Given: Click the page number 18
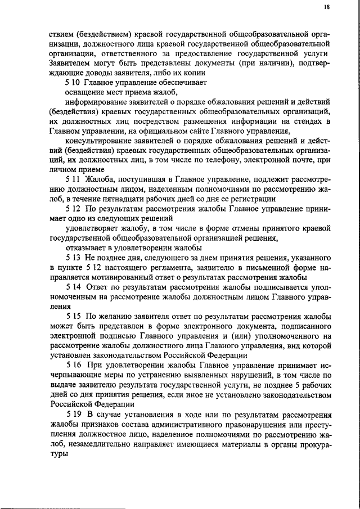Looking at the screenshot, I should [x=326, y=7].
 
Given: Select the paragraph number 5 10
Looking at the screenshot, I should [x=73, y=82].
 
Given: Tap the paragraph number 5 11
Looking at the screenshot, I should [x=73, y=179].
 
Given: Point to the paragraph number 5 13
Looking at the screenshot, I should [x=73, y=257].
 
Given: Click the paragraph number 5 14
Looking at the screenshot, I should [x=73, y=286].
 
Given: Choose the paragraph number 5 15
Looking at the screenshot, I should [x=73, y=316].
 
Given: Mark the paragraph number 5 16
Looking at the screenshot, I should [x=73, y=364].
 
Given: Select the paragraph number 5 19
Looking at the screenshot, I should [x=73, y=414].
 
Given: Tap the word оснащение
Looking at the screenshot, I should [x=84, y=92].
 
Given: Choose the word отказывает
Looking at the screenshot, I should [x=87, y=247].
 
